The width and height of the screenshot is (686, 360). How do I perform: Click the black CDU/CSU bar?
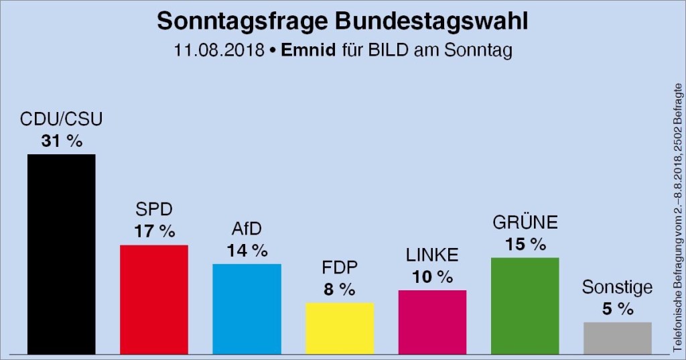[x=61, y=253]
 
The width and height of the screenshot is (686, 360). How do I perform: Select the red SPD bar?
[x=153, y=299]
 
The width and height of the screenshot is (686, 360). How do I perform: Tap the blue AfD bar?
[x=247, y=308]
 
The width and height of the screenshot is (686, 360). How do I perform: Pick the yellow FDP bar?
[x=340, y=328]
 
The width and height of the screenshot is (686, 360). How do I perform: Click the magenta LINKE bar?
[x=432, y=322]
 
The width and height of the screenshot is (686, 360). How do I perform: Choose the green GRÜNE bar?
[x=525, y=305]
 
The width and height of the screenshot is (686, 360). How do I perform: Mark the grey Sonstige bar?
[x=617, y=337]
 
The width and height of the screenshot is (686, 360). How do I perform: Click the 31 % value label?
[x=61, y=141]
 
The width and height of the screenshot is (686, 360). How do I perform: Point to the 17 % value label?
[x=153, y=232]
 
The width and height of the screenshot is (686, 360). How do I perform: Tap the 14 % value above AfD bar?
[x=247, y=251]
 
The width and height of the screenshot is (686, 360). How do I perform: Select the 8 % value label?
[x=340, y=290]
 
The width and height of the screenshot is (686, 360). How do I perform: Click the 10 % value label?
[x=432, y=276]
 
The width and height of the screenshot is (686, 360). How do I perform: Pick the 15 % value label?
[x=525, y=244]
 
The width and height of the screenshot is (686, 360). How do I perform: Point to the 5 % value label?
[x=617, y=308]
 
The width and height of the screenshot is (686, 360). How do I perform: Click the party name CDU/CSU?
[x=61, y=121]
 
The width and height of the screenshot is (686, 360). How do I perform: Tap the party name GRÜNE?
[x=525, y=223]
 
